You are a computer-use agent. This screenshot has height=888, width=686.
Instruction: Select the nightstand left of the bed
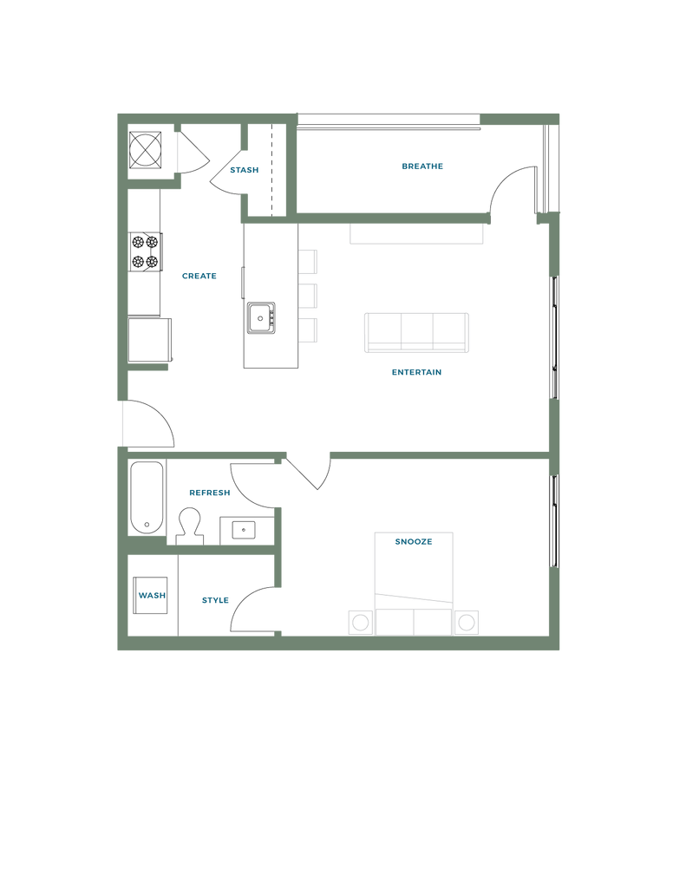(x=358, y=622)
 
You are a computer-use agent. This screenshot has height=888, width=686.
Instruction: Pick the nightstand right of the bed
(x=466, y=622)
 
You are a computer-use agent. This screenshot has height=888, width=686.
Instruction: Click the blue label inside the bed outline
(x=413, y=542)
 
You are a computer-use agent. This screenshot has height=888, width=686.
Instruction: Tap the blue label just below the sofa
(x=416, y=373)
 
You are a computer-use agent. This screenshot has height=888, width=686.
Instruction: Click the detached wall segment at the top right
(x=519, y=119)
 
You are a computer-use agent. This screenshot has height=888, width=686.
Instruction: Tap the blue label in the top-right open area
(x=422, y=166)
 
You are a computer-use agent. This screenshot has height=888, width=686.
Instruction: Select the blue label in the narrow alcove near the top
(x=244, y=170)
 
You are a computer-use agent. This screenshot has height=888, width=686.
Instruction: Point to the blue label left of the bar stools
(x=199, y=277)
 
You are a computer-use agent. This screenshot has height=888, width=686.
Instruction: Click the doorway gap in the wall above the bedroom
(x=308, y=454)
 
